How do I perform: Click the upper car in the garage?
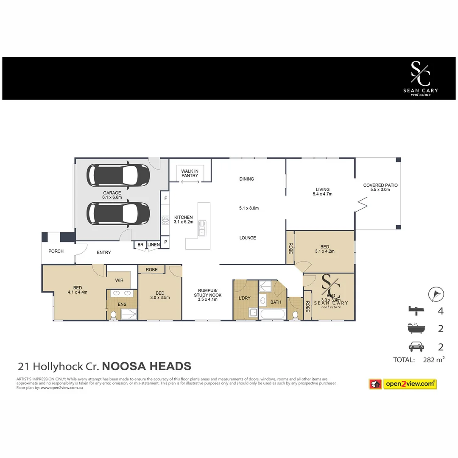coord(118,175)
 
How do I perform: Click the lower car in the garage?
coord(118,213)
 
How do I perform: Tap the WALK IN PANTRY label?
coord(190,173)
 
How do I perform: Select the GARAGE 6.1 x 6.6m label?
coord(112,195)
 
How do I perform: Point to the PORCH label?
coord(56,251)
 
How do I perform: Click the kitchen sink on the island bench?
coord(202,228)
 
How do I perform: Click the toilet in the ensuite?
coord(114,315)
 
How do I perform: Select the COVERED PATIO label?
coord(380,187)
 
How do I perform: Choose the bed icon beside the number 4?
coord(416,310)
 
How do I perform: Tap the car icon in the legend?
coord(416,347)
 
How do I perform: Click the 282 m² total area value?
coord(434,360)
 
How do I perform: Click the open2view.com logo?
coord(410,384)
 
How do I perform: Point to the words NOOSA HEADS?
coord(147,366)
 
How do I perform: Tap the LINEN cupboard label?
coord(154,245)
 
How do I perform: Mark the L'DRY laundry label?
coord(245,298)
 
